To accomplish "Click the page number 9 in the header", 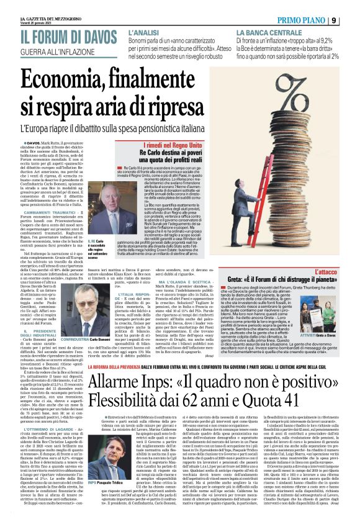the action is point(351,20).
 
